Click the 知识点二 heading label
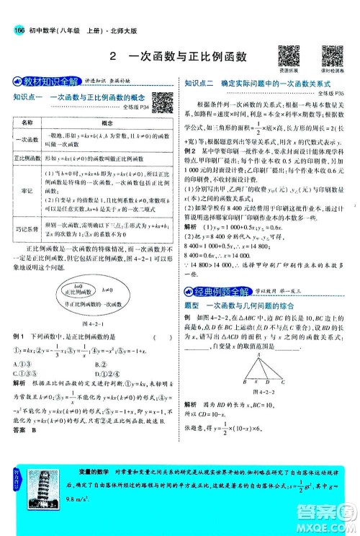[199, 84]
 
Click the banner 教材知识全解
[37, 81]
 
